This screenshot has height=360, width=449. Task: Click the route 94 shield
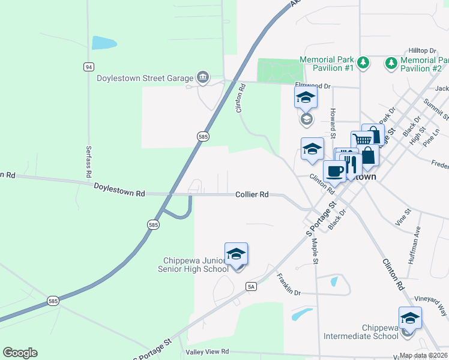click(89, 67)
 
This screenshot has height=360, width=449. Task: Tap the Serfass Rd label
click(88, 162)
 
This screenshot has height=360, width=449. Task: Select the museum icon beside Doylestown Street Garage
click(203, 77)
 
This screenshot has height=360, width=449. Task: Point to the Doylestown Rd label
click(119, 190)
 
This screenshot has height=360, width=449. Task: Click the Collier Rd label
click(252, 194)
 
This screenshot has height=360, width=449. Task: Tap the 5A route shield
click(251, 287)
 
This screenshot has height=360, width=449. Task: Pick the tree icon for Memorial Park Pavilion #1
click(363, 62)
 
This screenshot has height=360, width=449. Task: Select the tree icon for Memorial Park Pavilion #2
click(391, 62)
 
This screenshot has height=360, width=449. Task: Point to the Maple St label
click(315, 250)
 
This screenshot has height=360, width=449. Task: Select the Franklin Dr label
click(289, 284)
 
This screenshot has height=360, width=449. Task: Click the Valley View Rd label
click(207, 352)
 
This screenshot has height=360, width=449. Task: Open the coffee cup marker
click(334, 172)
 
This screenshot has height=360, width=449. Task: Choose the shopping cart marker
click(362, 140)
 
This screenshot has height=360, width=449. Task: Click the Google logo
click(20, 353)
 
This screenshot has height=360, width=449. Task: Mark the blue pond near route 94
click(103, 43)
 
